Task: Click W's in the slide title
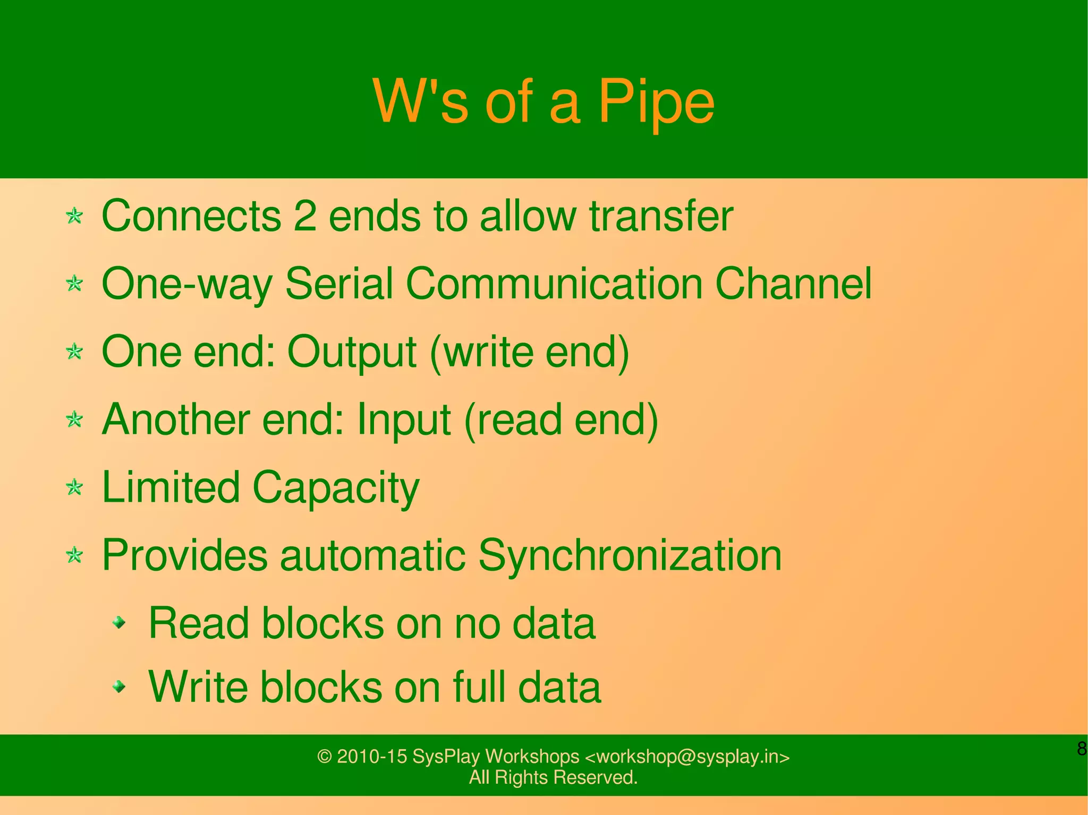click(420, 101)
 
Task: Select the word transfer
click(661, 216)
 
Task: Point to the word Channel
click(793, 284)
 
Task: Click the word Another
click(175, 419)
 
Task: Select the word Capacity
click(336, 488)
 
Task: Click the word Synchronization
click(630, 555)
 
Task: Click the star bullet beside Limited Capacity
click(75, 487)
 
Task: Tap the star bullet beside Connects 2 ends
click(75, 216)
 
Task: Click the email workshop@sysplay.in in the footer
click(687, 756)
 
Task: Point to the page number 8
click(1081, 749)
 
